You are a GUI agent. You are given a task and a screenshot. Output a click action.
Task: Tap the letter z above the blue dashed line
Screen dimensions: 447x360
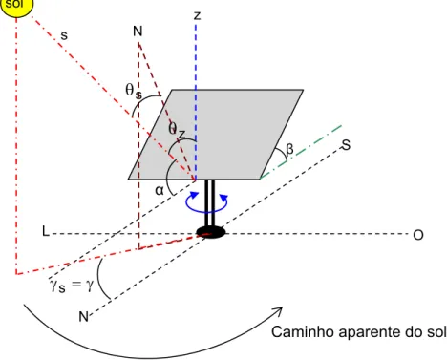(198, 15)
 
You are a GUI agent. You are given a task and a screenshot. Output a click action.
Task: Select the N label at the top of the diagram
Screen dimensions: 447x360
(138, 32)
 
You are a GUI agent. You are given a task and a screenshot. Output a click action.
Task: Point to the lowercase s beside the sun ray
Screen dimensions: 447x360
(64, 35)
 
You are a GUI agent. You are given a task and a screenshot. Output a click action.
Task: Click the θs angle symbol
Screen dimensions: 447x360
(134, 91)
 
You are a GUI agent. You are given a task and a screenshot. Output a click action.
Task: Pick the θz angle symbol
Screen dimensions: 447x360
(177, 131)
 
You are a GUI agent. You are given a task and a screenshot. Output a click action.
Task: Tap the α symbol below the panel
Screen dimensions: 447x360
(160, 190)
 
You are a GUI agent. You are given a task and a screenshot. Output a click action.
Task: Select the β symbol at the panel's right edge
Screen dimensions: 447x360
(289, 149)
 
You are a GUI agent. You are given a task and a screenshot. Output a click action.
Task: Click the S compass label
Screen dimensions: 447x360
(346, 145)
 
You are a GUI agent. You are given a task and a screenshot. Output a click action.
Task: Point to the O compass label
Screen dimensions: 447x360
(418, 235)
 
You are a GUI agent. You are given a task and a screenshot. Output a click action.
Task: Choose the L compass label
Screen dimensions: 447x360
(46, 231)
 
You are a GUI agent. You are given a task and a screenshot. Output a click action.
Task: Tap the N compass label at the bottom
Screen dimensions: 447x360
(83, 317)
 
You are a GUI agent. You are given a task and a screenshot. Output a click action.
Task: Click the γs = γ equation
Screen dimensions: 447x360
(72, 285)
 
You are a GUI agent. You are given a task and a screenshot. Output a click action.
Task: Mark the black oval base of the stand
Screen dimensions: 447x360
(211, 232)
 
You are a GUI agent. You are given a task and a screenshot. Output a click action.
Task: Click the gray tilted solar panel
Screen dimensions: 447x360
(216, 135)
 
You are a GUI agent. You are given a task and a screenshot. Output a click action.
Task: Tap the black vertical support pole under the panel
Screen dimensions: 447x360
(210, 203)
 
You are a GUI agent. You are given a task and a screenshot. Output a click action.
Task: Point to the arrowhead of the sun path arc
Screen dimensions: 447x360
(279, 311)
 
